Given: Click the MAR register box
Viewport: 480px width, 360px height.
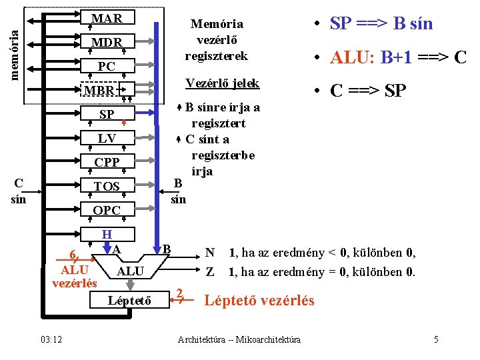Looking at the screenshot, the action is [x=107, y=17].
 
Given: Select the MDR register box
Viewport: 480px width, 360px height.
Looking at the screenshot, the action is [x=107, y=41].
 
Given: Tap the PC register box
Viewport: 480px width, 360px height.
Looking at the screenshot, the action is [x=107, y=65].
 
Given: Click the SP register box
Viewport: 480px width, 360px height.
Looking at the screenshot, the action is [x=107, y=113].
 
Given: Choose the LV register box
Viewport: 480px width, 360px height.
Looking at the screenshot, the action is [x=107, y=138].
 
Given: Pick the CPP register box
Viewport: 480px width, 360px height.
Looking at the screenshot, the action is [x=107, y=161].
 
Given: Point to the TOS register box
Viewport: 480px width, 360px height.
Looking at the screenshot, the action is [x=107, y=185].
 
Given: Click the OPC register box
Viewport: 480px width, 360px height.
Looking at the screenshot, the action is [x=107, y=209].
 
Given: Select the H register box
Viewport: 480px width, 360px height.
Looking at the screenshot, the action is [x=107, y=234].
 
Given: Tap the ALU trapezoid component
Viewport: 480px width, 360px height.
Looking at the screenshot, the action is [x=131, y=267].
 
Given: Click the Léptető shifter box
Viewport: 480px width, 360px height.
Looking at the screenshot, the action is [x=129, y=300].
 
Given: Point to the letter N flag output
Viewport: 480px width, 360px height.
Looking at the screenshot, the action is [x=210, y=253].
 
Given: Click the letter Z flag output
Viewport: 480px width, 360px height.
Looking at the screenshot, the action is [x=210, y=271].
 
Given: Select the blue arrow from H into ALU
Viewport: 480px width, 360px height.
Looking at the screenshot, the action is [x=107, y=248].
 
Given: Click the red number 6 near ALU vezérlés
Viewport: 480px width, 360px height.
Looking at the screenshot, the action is [x=73, y=254].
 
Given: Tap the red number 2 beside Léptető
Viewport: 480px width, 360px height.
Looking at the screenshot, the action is [x=179, y=293].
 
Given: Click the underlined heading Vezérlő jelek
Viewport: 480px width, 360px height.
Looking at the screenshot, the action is [x=223, y=83].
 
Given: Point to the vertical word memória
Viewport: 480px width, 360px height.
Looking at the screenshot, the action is [x=15, y=55].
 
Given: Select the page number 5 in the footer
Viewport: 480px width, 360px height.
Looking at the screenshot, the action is [x=436, y=339].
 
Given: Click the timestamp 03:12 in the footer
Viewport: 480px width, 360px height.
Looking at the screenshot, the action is [x=51, y=339].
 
